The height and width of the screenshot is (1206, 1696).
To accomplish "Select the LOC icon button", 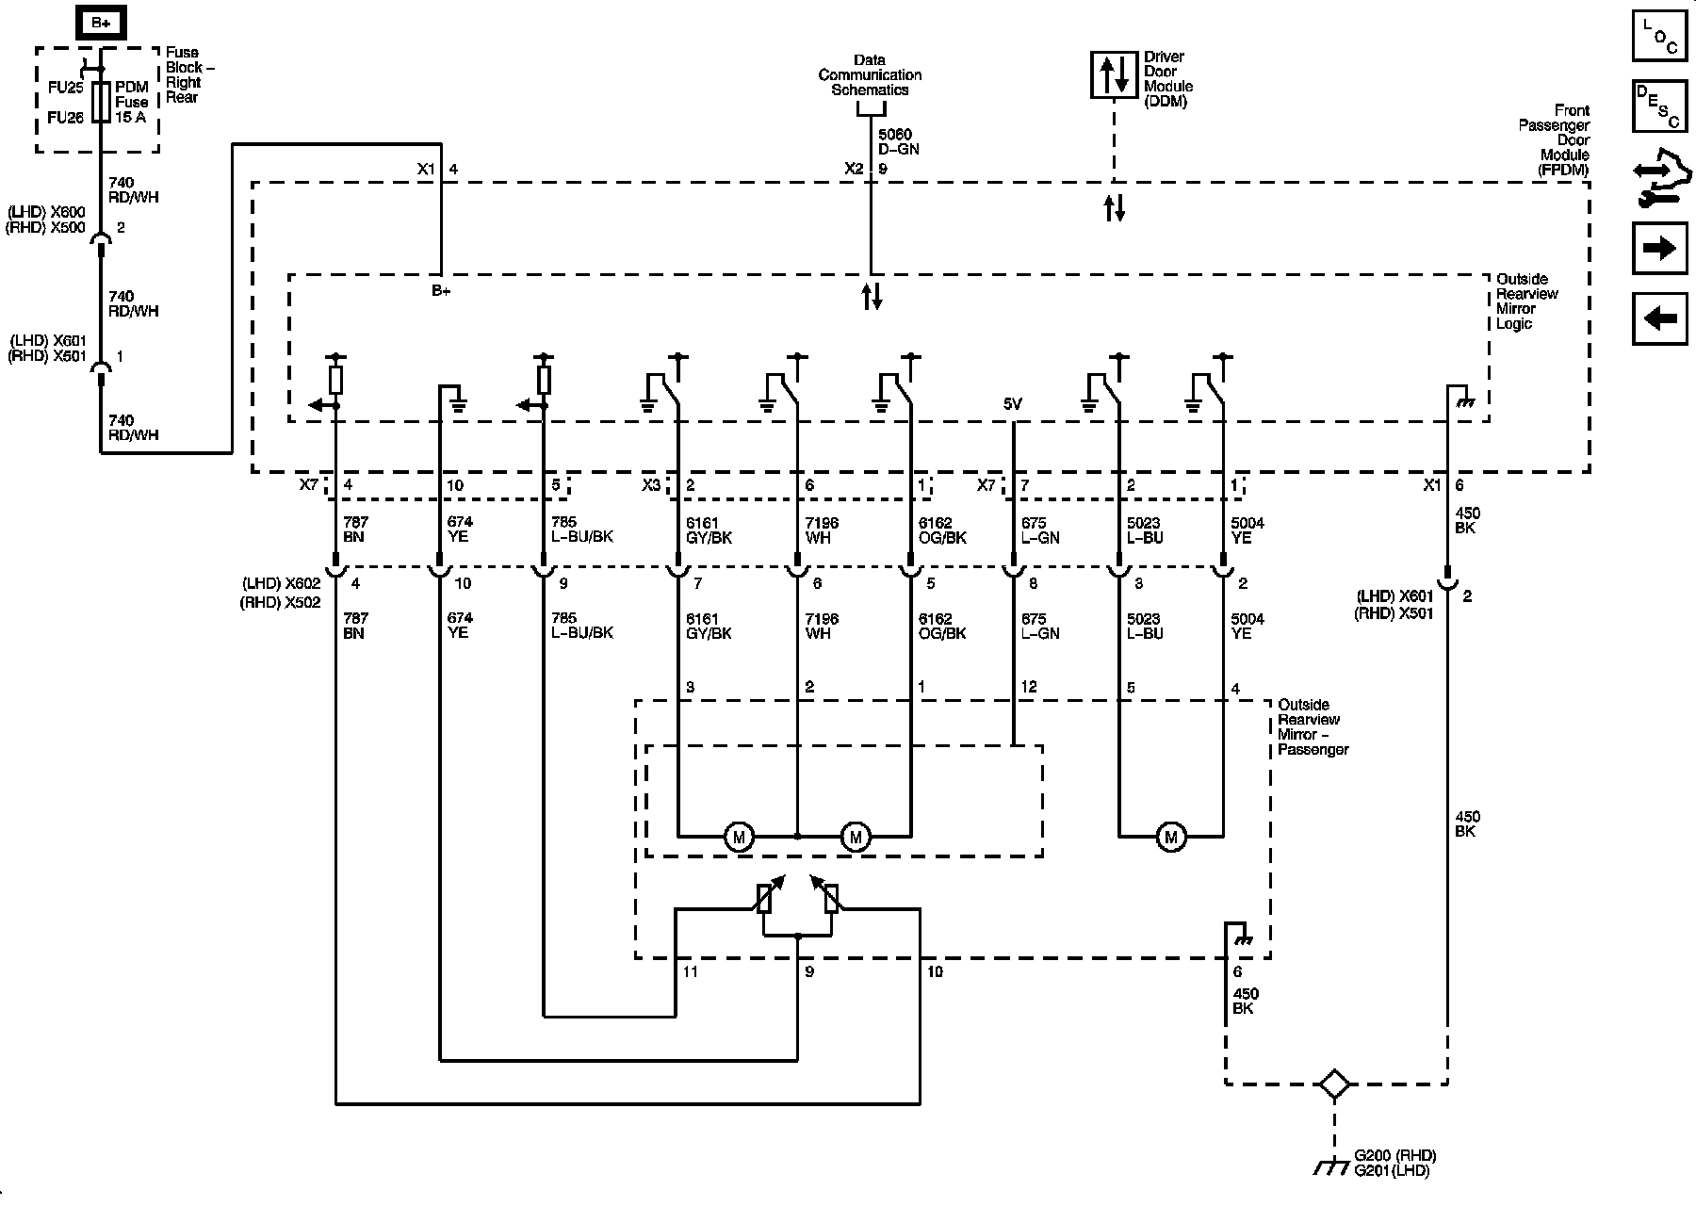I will (x=1659, y=36).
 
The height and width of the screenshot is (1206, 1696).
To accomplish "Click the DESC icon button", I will (x=1659, y=105).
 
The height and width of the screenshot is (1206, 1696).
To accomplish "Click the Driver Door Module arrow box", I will (x=1114, y=74).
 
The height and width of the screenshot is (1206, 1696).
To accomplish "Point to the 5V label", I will (x=1012, y=404).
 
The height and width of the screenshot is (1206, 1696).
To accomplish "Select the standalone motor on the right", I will (x=1171, y=837).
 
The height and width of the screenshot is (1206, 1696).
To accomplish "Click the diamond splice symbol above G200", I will (x=1334, y=1084).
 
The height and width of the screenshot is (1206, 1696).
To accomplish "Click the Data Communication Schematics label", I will (x=870, y=75).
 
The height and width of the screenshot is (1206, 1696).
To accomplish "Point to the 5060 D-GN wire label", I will (x=898, y=142).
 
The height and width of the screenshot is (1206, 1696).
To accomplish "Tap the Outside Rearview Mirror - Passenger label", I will (x=1313, y=727).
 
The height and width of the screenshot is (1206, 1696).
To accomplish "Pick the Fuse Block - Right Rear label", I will (x=185, y=75).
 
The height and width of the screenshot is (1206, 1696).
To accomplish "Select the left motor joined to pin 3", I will (x=739, y=837).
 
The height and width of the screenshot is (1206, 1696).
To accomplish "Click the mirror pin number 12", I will (x=1028, y=687).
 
